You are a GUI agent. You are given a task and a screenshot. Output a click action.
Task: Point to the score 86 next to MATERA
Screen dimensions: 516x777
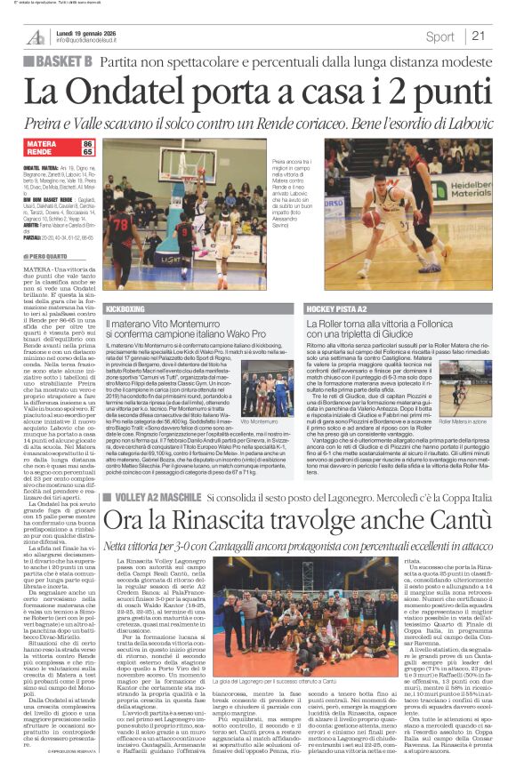tap(87, 143)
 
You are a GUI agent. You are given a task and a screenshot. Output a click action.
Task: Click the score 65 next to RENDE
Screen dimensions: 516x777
tap(87, 152)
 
